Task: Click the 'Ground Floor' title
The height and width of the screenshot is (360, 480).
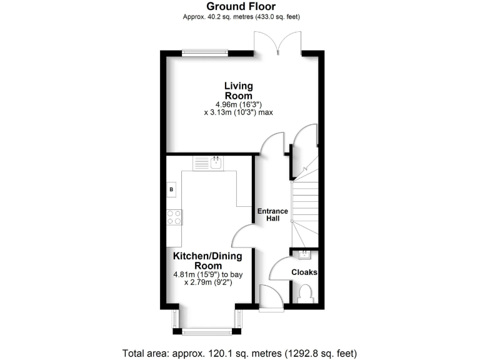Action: (239, 6)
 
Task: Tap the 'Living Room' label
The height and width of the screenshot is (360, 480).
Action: (239, 91)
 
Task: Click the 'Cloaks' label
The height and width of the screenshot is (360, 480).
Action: (304, 272)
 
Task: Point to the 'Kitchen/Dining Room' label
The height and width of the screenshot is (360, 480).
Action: (207, 261)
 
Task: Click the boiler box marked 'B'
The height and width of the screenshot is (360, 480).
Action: (171, 189)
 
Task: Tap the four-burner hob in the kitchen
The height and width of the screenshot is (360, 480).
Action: (174, 217)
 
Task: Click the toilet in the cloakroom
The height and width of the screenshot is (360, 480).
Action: (306, 293)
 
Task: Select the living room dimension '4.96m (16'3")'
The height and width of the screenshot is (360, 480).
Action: (239, 104)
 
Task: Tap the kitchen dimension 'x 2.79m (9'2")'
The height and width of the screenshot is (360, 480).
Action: (207, 282)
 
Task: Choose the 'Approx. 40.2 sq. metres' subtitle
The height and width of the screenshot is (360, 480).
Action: (239, 17)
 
